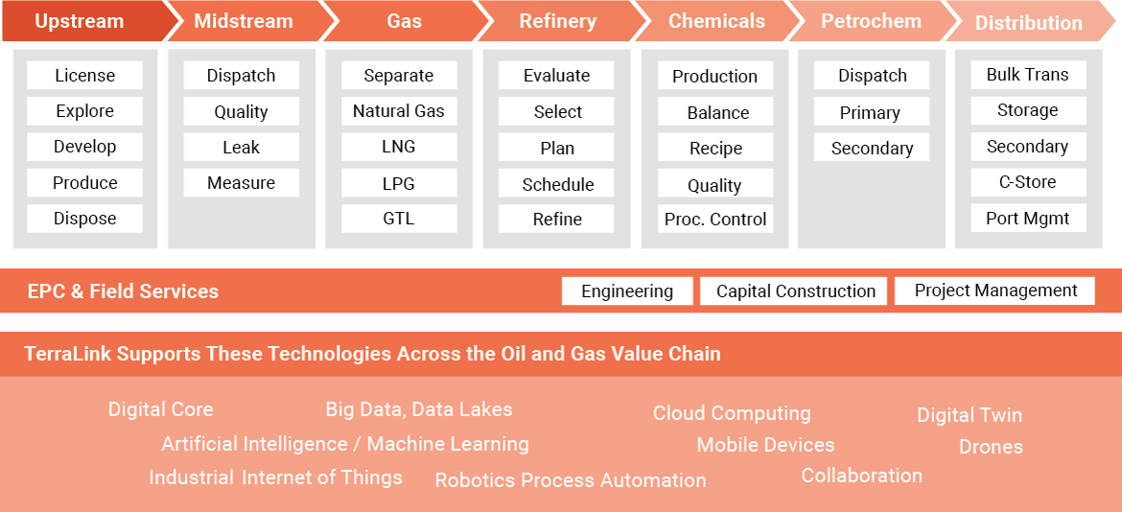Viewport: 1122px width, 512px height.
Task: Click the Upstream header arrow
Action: (79, 21)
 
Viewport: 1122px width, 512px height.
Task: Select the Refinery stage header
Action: (557, 21)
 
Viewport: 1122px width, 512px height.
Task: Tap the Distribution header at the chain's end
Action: (1028, 23)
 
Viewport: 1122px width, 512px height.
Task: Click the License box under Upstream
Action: (84, 76)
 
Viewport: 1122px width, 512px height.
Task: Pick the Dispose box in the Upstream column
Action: (84, 219)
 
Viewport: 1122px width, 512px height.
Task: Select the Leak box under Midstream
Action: (241, 148)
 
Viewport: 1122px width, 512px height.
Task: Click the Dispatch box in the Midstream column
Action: (241, 76)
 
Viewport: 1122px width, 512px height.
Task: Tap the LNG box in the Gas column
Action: (398, 148)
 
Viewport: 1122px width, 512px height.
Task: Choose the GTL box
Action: (398, 219)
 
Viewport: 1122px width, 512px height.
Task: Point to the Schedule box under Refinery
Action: (557, 184)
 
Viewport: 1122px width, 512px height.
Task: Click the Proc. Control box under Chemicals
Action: (715, 220)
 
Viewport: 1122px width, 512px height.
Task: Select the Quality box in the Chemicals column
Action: (714, 185)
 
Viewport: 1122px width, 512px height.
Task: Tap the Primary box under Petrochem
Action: (870, 112)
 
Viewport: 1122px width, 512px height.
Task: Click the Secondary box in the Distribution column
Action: (1027, 147)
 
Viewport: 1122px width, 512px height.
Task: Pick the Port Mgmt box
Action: (1027, 218)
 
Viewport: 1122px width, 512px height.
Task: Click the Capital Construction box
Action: (796, 291)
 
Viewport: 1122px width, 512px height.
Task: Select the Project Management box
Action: (995, 291)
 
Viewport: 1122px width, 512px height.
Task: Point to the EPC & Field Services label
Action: (123, 291)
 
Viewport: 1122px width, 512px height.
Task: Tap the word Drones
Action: (991, 447)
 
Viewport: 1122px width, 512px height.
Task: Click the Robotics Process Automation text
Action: (571, 480)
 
